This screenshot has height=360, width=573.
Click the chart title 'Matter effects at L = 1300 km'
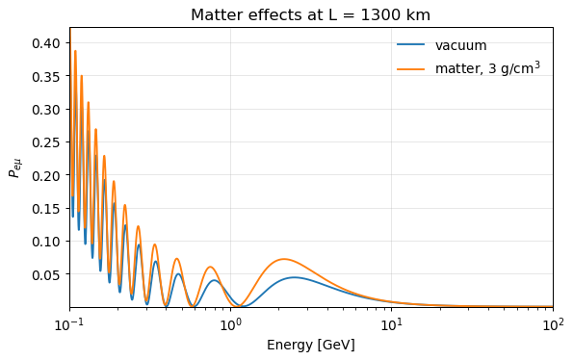pos(311,15)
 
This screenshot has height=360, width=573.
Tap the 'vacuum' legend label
pos(461,45)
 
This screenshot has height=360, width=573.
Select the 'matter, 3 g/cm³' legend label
pos(487,68)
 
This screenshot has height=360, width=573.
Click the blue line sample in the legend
pos(411,44)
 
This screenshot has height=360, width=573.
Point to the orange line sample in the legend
pos(411,68)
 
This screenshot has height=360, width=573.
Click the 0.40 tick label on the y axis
pos(46,43)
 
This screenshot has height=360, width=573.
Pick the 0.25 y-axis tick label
pos(46,142)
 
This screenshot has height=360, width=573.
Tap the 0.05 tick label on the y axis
pos(46,274)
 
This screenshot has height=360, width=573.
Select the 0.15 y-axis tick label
pos(46,209)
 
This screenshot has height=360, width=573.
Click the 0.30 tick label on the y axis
pos(46,110)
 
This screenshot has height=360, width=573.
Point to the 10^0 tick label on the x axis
pos(230,324)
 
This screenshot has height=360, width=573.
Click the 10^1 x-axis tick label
pos(391,324)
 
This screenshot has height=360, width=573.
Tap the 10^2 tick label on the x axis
pos(553,324)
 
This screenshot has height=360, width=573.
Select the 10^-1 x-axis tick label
pos(69,324)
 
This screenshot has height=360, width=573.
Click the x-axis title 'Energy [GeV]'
pos(311,345)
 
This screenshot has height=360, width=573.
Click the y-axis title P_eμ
pos(14,167)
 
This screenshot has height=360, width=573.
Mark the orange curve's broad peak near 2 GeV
pos(284,259)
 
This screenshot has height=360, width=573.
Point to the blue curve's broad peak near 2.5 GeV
pos(295,277)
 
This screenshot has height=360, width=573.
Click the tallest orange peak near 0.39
pos(75,51)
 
